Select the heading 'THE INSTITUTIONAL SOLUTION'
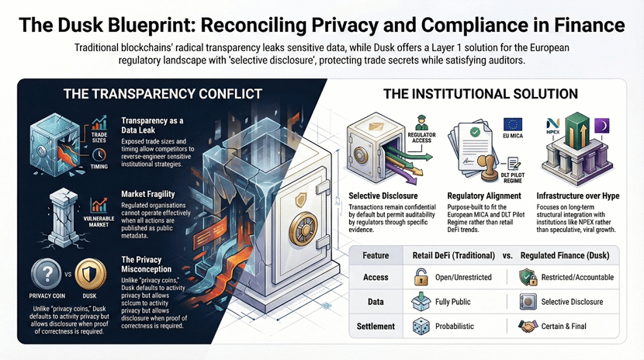coord(481,94)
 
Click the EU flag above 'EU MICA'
coord(513,124)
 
